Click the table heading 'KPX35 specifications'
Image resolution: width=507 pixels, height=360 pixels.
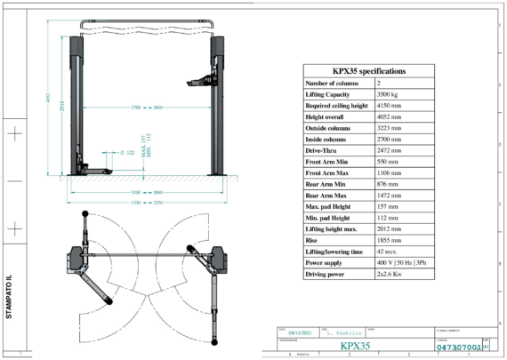coord(368,70)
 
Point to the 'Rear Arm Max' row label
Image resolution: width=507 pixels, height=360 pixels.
coord(326,196)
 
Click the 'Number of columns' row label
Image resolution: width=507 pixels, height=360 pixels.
coord(334,83)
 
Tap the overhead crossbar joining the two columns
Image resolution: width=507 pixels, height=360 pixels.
coord(146,20)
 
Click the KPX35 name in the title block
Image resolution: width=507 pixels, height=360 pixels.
coord(355,346)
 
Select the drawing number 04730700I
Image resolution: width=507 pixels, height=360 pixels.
coord(459,347)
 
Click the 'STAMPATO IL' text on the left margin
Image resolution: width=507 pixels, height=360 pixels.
coord(8,303)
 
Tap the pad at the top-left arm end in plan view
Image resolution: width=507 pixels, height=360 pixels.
coord(84,215)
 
